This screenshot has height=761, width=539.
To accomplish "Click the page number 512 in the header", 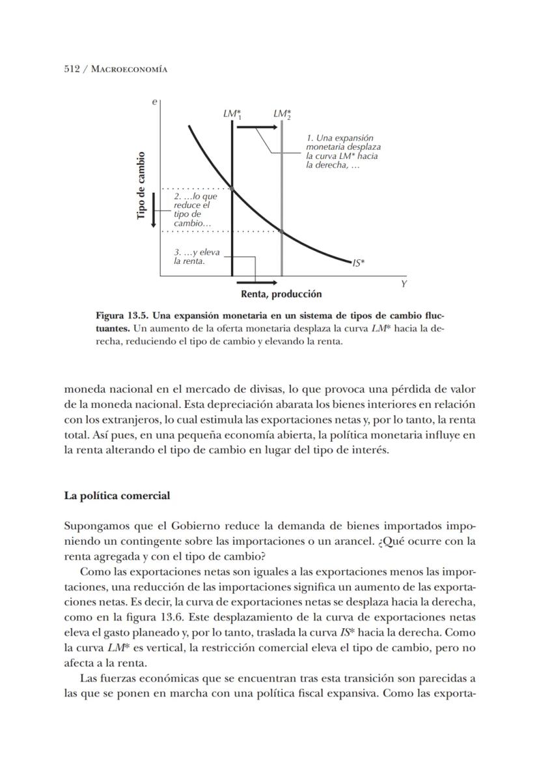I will point(72,68).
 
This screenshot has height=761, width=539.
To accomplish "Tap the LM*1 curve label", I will point(232,115).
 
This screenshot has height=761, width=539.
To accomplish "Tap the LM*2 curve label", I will point(282,115).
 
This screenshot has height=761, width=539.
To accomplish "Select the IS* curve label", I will point(359,263).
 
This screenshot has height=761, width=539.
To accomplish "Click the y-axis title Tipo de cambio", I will point(141,186).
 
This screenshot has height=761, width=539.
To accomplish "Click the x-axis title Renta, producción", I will point(281,294).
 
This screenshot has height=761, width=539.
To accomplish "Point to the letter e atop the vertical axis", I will point(154,102).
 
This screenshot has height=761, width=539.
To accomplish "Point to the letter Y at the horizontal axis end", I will point(404,285).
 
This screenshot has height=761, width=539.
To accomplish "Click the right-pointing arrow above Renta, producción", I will point(255,283).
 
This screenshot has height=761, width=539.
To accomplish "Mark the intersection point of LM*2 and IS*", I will point(282,231).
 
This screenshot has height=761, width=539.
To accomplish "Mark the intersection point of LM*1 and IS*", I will point(232,189).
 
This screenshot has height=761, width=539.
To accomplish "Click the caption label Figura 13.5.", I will point(125,316).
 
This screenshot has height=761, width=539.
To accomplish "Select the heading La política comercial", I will point(117,496).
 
